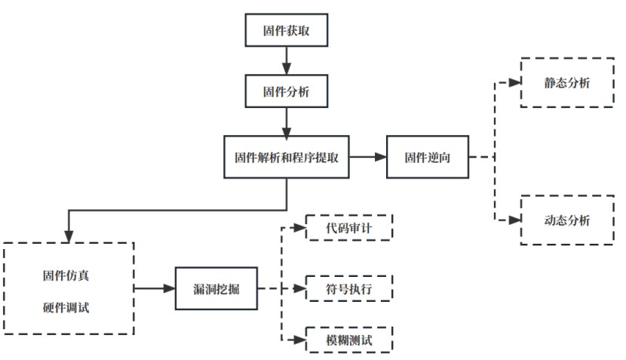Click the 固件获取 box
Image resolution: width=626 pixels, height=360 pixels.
[x=286, y=30]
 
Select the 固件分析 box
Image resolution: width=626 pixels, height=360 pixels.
[x=286, y=93]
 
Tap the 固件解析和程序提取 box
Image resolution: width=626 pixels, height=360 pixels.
[x=286, y=158]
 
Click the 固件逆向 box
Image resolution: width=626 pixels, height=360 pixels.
[x=427, y=158]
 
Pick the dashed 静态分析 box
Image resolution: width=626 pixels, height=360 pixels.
[x=566, y=82]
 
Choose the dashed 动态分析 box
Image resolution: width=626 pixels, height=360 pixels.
[x=566, y=220]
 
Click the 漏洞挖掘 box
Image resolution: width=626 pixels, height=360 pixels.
[x=216, y=288]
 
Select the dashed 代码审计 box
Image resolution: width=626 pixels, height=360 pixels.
[x=348, y=227]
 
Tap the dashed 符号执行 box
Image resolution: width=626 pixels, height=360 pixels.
[x=348, y=288]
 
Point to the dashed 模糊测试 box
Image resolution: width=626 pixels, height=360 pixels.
[x=348, y=340]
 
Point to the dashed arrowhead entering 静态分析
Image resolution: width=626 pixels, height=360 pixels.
[x=515, y=82]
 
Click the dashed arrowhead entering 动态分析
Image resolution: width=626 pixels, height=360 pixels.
[x=515, y=220]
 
